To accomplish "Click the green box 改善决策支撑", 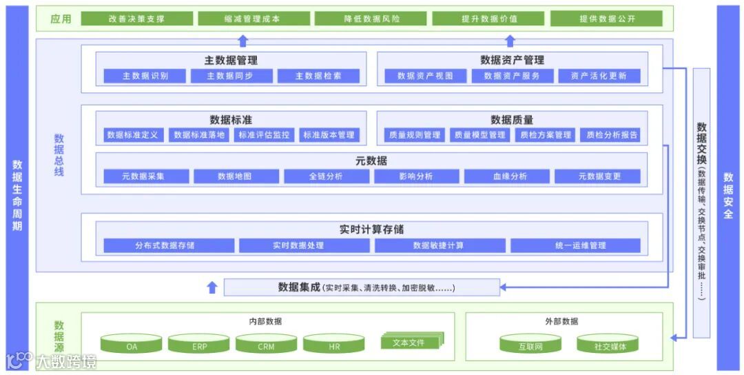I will point(136,19).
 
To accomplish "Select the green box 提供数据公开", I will point(606,19).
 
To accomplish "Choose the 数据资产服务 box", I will point(511,76).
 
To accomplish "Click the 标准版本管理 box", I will point(329,135).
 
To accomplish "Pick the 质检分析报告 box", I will point(612,135).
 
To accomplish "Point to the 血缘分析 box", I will point(510,176).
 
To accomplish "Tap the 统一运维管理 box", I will point(575,245).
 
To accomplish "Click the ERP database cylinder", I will point(199,344).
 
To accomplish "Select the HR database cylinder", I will point(334,344).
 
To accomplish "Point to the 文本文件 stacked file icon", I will point(412,341).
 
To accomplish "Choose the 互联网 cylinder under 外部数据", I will point(530,344).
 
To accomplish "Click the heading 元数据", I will point(373,161).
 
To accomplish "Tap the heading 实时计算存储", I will point(371,230).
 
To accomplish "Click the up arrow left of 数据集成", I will point(212,287).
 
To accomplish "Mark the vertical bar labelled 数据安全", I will point(728,187).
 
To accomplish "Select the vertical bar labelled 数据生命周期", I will point(17,187).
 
